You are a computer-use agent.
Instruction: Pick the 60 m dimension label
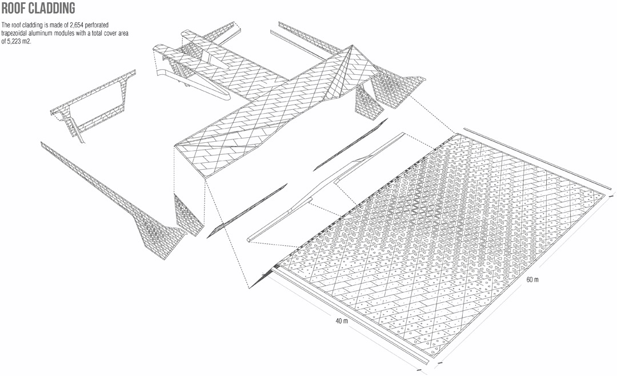tap(532, 279)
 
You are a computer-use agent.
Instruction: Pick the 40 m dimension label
tap(342, 321)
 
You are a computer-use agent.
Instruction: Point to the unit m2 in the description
tap(26, 41)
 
